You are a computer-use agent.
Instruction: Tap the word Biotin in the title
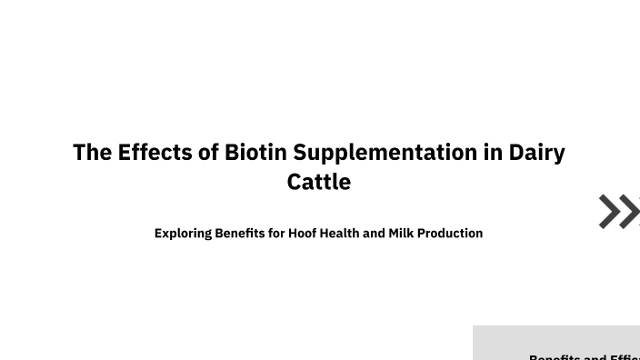pyautogui.click(x=255, y=152)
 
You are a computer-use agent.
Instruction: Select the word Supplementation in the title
pyautogui.click(x=385, y=153)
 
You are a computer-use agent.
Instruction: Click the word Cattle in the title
pyautogui.click(x=319, y=182)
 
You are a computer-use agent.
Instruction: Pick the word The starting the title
pyautogui.click(x=92, y=152)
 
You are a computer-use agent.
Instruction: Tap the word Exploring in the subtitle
pyautogui.click(x=183, y=234)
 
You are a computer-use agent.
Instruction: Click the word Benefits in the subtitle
pyautogui.click(x=239, y=233)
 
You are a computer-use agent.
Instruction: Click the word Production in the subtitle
pyautogui.click(x=450, y=234)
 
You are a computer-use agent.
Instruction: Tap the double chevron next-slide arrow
pyautogui.click(x=619, y=211)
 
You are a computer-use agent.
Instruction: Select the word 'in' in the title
pyautogui.click(x=493, y=152)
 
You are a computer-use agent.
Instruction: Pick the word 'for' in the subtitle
pyautogui.click(x=276, y=233)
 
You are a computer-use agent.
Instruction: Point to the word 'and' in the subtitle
pyautogui.click(x=374, y=233)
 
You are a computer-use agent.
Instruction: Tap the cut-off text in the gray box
pyautogui.click(x=585, y=356)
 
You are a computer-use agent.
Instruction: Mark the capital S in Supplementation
pyautogui.click(x=300, y=152)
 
